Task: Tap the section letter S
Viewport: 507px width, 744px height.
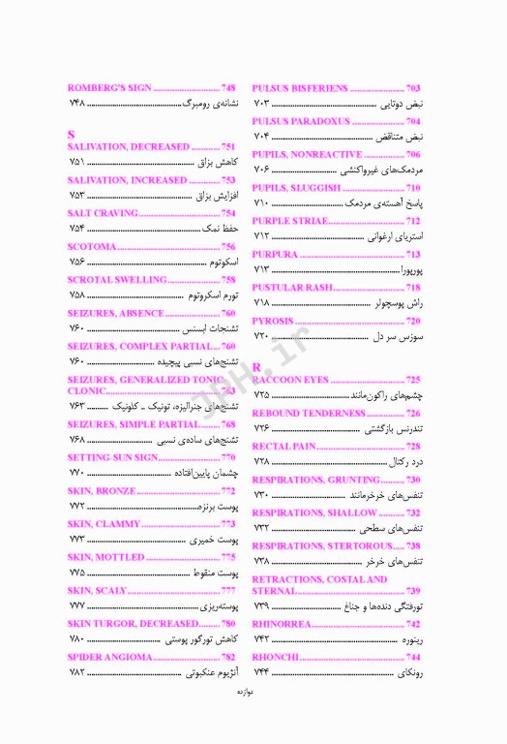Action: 72,133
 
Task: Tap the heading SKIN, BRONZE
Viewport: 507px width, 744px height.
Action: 102,491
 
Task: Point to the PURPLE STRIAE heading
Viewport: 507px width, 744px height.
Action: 289,222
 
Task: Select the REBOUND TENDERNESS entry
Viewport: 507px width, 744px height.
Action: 308,414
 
